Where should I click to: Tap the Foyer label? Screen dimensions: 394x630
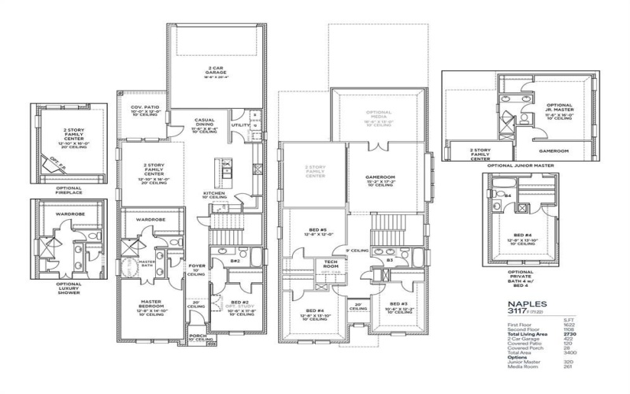tap(197, 268)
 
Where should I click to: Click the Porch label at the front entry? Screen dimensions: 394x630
tap(198, 336)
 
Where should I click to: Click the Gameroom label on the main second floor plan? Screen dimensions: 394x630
tap(380, 178)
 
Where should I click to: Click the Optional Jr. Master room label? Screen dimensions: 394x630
tap(559, 108)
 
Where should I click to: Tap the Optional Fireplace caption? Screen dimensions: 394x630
tap(69, 191)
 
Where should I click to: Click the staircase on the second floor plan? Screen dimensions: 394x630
tap(386, 229)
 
